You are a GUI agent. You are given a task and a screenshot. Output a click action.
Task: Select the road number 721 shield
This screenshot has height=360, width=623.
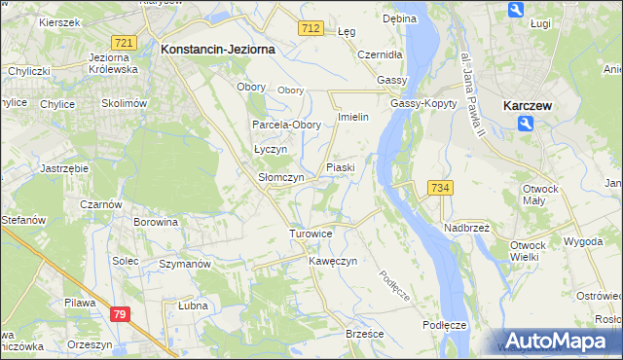click(x=123, y=43)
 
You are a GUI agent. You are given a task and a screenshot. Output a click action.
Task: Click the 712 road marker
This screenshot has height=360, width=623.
click(x=311, y=30)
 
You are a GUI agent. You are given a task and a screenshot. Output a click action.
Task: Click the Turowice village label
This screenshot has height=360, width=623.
click(x=311, y=234)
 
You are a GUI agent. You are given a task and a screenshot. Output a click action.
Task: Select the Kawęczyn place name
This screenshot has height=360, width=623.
click(x=334, y=262)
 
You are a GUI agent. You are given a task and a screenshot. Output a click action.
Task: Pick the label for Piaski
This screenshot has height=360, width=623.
click(x=341, y=168)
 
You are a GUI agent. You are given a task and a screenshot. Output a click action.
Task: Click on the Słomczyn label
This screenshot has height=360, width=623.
click(x=280, y=178)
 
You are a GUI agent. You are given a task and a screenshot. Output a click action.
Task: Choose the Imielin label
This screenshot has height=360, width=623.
click(x=352, y=117)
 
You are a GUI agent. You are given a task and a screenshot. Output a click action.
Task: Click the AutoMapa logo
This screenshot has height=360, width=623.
click(x=558, y=341)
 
